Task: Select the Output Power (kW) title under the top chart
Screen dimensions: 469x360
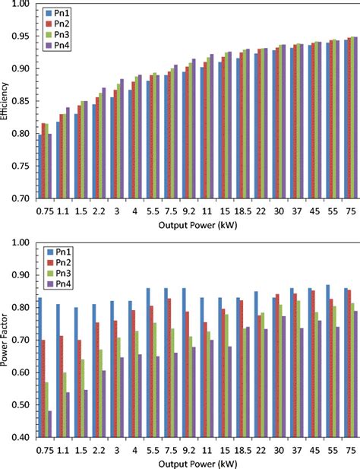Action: coord(191,226)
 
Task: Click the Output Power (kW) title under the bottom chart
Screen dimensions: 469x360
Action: coord(191,464)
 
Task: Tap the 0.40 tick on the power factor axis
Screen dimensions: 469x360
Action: coord(22,437)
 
